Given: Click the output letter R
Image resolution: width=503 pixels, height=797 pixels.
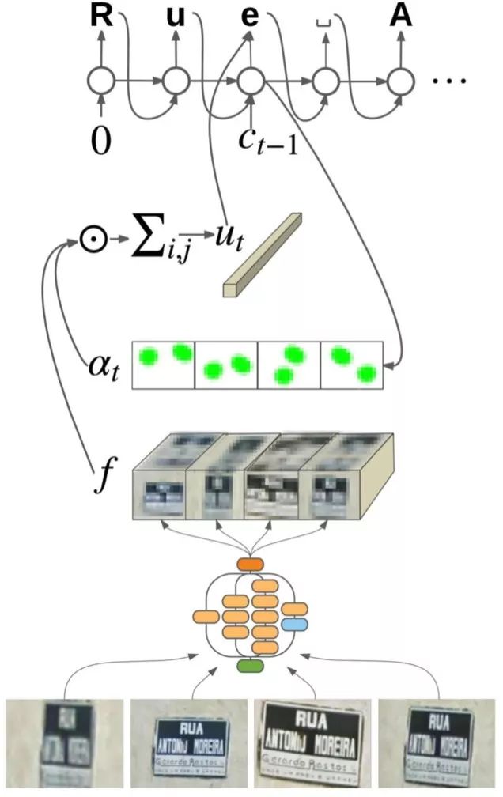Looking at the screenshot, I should coord(101,17).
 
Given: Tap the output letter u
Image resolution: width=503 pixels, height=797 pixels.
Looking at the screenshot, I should coord(176,17).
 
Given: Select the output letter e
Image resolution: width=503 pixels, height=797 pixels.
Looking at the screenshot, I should coord(250,17).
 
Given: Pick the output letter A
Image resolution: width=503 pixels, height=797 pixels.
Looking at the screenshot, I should coord(401,17).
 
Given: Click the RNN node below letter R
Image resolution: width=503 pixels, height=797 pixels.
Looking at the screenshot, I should coord(101,81).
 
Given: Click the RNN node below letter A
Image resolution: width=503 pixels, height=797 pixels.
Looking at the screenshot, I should coord(401,81).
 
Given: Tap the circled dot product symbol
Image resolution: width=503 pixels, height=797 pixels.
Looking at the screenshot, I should coord(93,237).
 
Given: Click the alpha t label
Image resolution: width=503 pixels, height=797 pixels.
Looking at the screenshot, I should coord(103,365).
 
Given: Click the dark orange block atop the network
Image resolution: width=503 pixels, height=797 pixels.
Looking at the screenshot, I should coord(250,565).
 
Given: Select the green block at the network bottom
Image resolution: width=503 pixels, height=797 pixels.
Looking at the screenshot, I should coord(250,667).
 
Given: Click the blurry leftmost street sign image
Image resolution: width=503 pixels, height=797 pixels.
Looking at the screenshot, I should coord(62,742).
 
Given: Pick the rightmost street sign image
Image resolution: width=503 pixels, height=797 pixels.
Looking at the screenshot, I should coord(437,742).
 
